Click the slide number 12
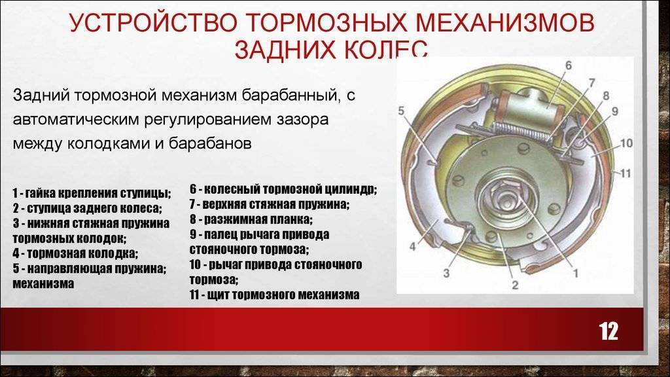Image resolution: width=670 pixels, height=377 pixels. click(608, 331)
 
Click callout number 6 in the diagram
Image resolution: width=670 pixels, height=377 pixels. click(568, 65)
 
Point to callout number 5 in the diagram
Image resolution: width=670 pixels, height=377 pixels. click(401, 111)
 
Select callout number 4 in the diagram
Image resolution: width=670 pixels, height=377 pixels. click(412, 247)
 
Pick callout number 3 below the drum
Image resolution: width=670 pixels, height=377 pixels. click(446, 273)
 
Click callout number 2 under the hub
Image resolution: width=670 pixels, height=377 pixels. click(515, 285)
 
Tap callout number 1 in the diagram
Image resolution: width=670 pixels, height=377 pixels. click(576, 273)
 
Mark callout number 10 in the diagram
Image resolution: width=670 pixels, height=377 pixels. click(626, 143)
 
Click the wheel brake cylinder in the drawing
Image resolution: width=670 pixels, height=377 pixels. click(529, 105)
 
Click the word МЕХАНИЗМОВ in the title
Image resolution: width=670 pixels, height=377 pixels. click(505, 23)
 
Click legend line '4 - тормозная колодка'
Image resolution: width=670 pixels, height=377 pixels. click(75, 253)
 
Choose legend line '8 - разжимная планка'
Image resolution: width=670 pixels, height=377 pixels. click(251, 220)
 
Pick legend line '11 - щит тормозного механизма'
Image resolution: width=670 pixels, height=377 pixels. click(274, 295)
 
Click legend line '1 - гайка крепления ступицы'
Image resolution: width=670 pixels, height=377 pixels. click(92, 193)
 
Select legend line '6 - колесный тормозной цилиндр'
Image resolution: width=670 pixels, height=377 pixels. click(283, 189)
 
